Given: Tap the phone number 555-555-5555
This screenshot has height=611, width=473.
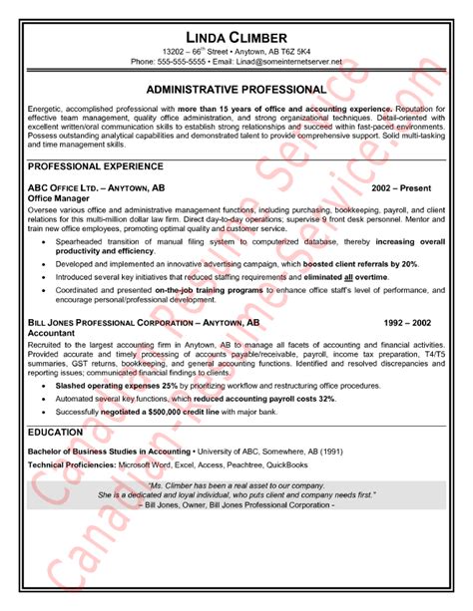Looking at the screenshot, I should click(182, 61).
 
